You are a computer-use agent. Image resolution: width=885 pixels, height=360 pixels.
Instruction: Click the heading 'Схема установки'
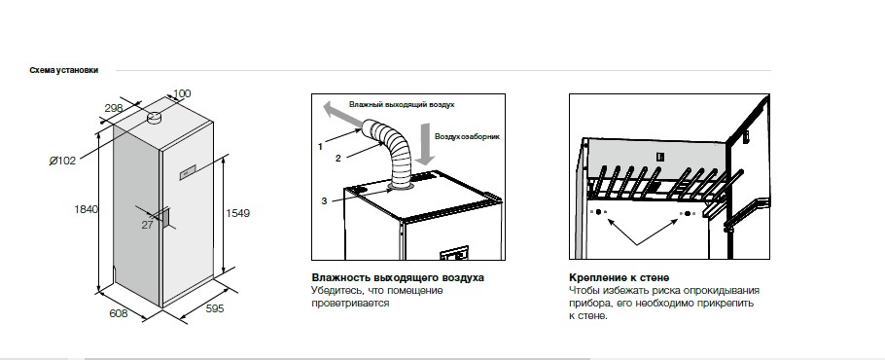coord(64,70)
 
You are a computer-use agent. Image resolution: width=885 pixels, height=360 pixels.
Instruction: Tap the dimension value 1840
coord(86,209)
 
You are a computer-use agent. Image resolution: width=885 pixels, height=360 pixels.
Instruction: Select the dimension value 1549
coord(237,213)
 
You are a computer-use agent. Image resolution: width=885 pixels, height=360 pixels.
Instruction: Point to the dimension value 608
coord(118,313)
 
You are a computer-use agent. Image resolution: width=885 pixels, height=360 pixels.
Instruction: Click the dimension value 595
coord(214,308)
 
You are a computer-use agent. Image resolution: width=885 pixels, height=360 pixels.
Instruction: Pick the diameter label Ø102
coord(62,161)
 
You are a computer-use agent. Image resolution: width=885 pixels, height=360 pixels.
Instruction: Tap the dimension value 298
coord(114,108)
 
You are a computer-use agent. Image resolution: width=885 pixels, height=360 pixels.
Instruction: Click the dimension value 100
coord(182,93)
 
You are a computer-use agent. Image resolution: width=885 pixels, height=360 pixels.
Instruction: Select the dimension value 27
coord(147,225)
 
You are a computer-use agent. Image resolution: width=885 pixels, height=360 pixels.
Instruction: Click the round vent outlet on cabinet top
coord(154,118)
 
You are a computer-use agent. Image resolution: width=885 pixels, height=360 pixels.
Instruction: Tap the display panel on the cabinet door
coord(188,173)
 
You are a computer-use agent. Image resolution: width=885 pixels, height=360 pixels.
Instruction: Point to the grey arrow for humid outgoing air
coord(343,113)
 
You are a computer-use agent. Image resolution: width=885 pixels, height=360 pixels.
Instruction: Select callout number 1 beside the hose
coord(320,147)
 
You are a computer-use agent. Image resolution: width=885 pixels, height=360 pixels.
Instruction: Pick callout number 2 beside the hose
coord(338,159)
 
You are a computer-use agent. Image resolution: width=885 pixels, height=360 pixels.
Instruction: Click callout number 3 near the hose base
coord(324,200)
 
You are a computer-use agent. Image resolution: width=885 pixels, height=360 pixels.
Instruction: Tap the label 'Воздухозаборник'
coord(468,136)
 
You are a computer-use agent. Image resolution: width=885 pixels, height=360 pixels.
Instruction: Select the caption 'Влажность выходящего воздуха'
coord(398,277)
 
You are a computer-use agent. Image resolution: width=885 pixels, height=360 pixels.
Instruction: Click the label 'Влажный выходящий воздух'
coord(402,105)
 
